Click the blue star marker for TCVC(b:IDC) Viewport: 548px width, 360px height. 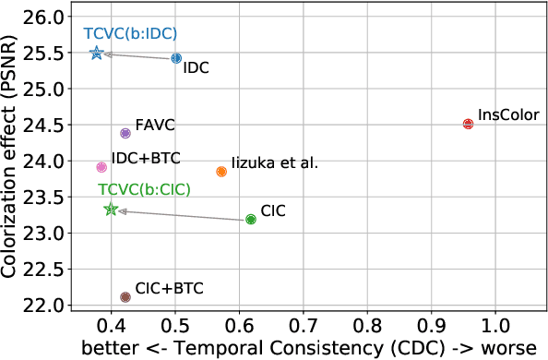[97, 54]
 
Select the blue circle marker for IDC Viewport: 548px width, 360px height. [176, 58]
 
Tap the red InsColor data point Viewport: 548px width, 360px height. [468, 124]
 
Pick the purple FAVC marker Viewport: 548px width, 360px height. [125, 134]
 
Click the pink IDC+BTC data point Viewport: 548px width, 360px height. [101, 167]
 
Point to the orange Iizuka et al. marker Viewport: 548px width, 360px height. [221, 172]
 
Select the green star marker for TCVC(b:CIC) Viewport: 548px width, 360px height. [111, 210]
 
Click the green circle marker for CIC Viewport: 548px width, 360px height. [251, 220]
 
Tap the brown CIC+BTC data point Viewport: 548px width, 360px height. [125, 297]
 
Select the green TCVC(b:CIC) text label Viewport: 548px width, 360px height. [145, 189]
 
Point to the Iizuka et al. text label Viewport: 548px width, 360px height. [274, 162]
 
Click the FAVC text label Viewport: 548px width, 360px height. [155, 124]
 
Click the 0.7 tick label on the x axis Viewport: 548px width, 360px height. [304, 327]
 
